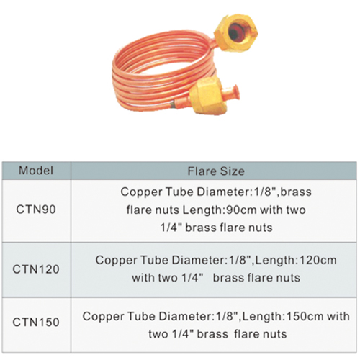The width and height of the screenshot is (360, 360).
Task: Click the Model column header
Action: (36, 171)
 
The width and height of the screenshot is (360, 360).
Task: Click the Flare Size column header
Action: (216, 171)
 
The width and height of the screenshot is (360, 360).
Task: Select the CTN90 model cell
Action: (36, 210)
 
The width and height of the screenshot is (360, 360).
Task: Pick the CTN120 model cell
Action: (36, 269)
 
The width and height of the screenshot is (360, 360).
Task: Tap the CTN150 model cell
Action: (36, 322)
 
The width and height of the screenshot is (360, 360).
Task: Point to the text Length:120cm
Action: (296, 260)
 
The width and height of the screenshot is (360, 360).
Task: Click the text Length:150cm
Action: (282, 316)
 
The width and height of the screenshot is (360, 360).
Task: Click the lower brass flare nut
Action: (207, 96)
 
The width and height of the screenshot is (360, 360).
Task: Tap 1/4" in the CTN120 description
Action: (192, 278)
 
